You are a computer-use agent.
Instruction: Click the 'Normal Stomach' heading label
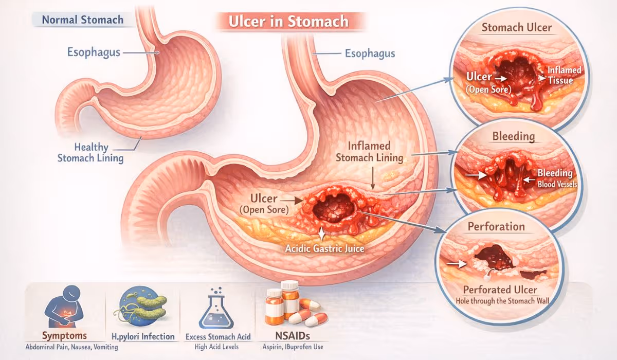[x=83, y=20]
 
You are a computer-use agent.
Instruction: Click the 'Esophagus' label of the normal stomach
[x=94, y=52]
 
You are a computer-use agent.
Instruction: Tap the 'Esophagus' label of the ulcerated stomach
[x=370, y=53]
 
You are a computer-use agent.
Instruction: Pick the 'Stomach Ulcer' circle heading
[x=517, y=27]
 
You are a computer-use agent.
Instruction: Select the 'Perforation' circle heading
[x=496, y=227]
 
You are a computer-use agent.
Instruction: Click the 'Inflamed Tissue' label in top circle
[x=564, y=75]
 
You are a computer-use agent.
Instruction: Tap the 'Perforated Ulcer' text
[x=500, y=290]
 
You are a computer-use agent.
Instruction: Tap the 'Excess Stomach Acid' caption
[x=219, y=337]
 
